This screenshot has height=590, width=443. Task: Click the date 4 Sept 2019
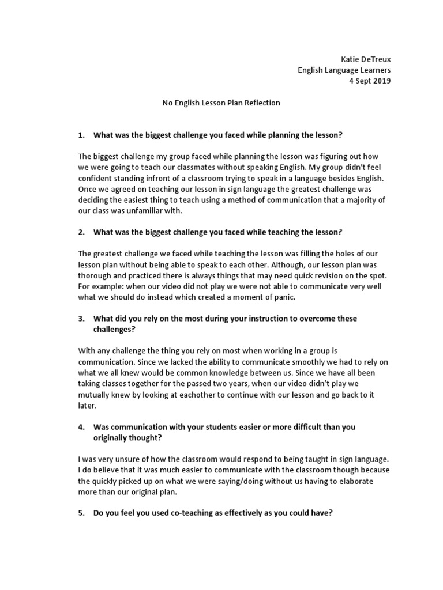tap(370, 81)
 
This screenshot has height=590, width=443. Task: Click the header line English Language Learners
tap(344, 70)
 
